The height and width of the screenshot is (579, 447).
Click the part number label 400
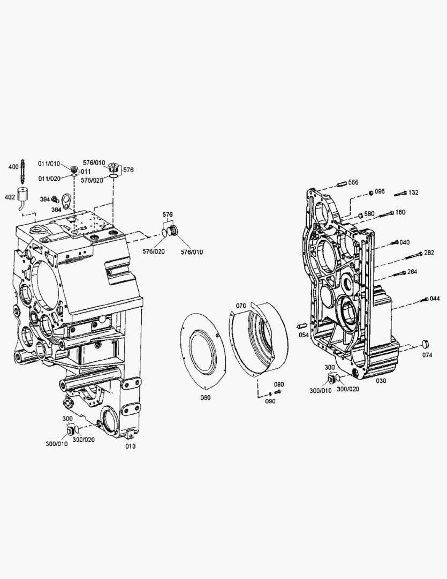[x=13, y=167]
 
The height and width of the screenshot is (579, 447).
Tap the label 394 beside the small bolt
[x=44, y=199]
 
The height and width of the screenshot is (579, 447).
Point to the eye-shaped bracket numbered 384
[x=67, y=201]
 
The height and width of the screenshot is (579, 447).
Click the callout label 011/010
[x=49, y=164]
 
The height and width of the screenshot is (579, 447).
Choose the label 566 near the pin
[x=353, y=182]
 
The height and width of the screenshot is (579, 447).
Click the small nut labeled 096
[x=371, y=193]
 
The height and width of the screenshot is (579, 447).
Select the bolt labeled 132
[x=400, y=194]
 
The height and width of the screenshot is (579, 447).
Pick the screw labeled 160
[x=386, y=213]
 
